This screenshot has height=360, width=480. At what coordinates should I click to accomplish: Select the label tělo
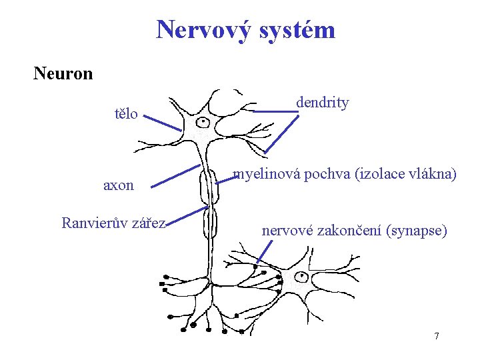coord(126,114)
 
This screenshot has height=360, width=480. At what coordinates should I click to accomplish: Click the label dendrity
coord(323,103)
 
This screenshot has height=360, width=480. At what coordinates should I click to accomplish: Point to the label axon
coord(118,186)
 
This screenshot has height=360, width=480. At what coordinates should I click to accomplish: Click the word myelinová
coord(264,175)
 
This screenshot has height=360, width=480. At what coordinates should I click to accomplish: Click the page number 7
coord(437,336)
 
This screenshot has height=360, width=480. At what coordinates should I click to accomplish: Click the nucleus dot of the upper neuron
coord(203,122)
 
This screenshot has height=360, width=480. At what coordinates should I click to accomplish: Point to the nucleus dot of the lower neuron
coord(301,275)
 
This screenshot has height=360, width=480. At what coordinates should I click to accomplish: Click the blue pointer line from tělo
coord(161,122)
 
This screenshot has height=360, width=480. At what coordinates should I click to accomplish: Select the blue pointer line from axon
coord(174,176)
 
